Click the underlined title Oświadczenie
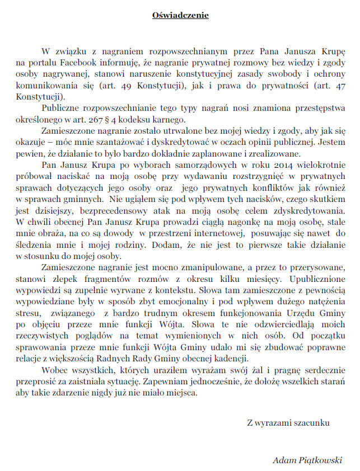click(180, 15)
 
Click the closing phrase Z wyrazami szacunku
click(288, 423)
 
